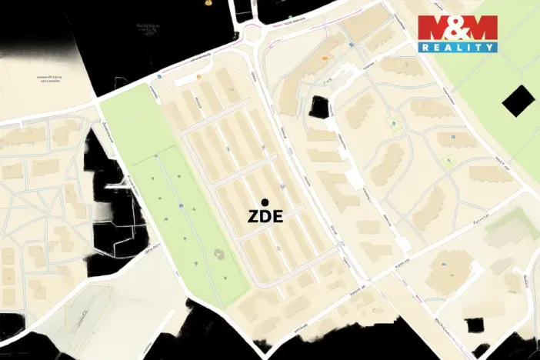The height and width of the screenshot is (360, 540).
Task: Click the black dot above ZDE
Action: [265, 202]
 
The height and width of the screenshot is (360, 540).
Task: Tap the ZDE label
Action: [265, 217]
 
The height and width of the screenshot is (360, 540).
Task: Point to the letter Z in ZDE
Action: [253, 217]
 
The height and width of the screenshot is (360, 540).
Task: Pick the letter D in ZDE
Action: [265, 217]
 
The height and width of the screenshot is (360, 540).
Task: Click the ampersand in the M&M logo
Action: [458, 28]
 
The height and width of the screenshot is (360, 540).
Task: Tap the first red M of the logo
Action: [435, 28]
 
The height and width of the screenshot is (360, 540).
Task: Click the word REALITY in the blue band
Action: [458, 47]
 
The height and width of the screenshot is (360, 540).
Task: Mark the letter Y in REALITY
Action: [490, 47]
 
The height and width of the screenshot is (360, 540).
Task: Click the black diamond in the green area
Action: [517, 100]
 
